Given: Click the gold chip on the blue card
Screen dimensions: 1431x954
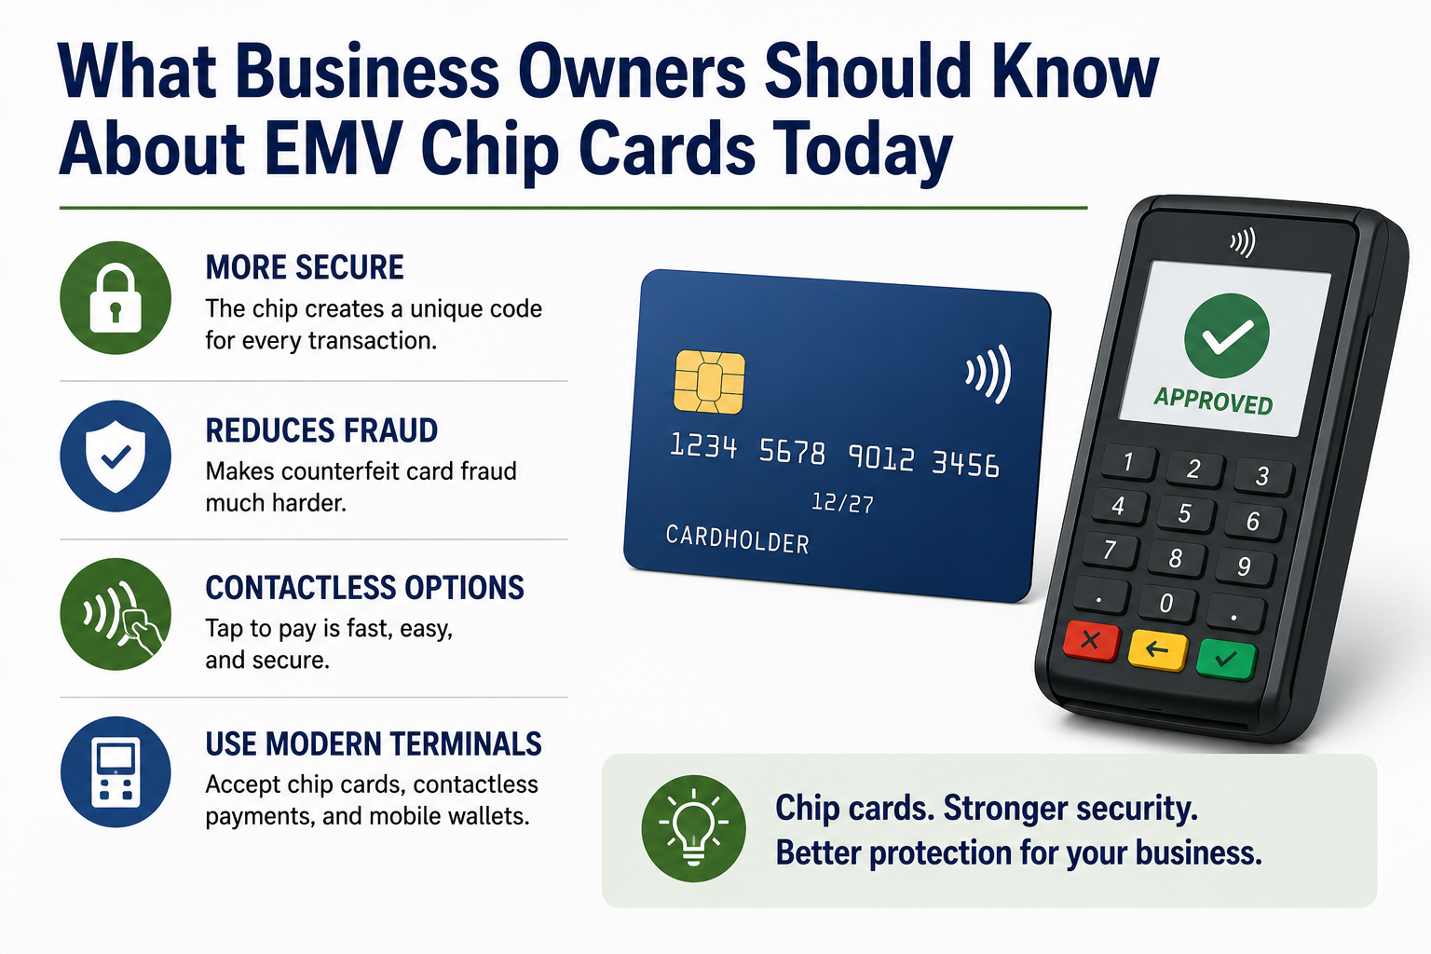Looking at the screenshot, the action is (x=709, y=382).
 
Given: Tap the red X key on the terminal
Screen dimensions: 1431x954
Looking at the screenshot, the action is (x=1091, y=640).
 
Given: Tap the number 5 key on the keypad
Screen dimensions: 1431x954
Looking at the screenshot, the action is (x=1183, y=512).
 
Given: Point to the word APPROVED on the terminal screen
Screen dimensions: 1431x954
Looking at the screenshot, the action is (x=1212, y=401).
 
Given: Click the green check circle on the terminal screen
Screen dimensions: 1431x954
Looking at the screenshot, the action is (x=1227, y=334).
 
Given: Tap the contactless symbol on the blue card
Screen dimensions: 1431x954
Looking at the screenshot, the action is (x=988, y=374).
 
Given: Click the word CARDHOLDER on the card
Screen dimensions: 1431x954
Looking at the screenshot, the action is (x=737, y=540).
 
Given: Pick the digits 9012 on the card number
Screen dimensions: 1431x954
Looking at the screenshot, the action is (x=881, y=457).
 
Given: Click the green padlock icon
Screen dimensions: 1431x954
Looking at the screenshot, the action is (x=116, y=298).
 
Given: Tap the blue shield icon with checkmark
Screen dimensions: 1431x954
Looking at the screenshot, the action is (x=116, y=456).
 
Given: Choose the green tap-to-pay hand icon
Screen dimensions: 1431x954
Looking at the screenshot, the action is (x=116, y=614).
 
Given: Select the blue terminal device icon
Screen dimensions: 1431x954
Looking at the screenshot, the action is (x=116, y=772).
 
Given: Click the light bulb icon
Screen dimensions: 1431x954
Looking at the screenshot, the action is (x=694, y=829).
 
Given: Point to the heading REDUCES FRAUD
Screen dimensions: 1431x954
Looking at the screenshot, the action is (x=321, y=430).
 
